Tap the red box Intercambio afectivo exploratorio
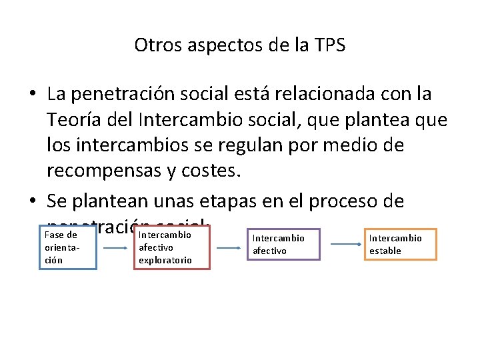point(173,247)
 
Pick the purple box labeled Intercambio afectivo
point(283,244)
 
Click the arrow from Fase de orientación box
point(115,247)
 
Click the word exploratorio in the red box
point(165,260)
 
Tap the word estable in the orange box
point(385,251)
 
